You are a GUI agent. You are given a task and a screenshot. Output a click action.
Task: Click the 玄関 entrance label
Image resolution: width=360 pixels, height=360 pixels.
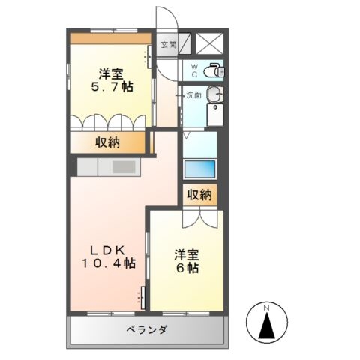coord(167,45)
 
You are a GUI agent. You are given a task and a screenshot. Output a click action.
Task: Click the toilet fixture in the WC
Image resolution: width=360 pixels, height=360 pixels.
coord(214,70)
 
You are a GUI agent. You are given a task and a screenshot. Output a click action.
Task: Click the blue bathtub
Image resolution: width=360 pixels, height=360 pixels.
coord(200,168)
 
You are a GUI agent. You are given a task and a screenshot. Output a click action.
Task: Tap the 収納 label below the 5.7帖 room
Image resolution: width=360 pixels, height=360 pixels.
coord(107,142)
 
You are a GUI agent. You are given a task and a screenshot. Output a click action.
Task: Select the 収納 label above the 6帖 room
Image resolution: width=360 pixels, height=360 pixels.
coord(199,195)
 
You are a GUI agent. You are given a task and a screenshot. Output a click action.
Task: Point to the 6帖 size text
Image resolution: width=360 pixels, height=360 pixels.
coord(187,268)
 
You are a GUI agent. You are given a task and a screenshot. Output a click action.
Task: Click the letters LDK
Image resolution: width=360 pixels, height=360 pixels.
coord(107,250)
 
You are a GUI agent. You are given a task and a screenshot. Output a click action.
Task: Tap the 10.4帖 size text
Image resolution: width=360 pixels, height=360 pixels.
coord(109,263)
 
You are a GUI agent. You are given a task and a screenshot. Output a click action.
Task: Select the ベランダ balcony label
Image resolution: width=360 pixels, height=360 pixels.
coord(146,330)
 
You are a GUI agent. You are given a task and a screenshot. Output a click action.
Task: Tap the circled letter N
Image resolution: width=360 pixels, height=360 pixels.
coord(267,307)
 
